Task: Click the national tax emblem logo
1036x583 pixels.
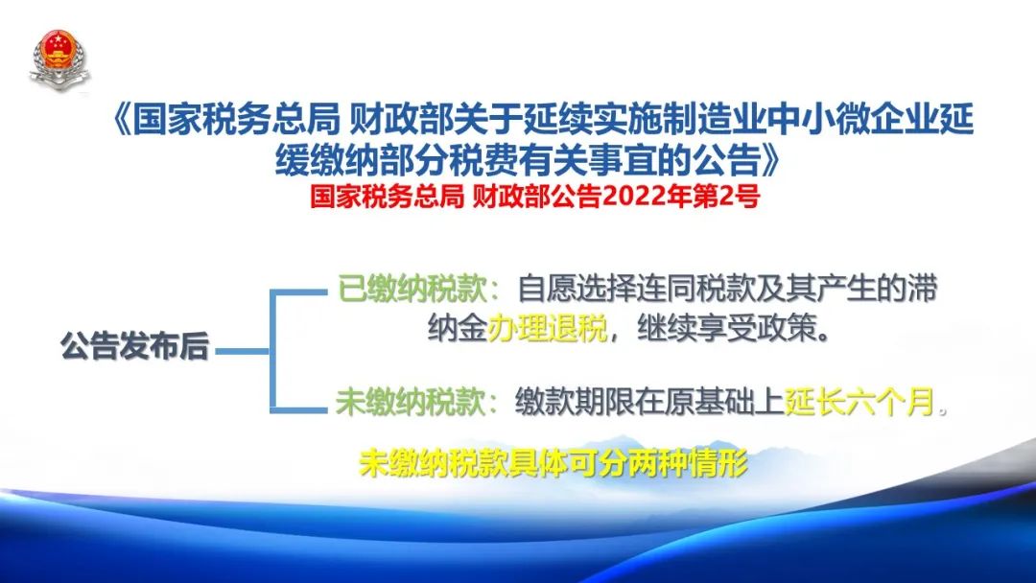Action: click(x=59, y=60)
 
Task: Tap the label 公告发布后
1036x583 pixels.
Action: click(x=135, y=346)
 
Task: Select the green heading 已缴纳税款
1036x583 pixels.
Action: click(x=412, y=290)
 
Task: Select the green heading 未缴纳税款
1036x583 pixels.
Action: click(x=411, y=402)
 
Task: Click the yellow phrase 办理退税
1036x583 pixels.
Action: click(x=547, y=328)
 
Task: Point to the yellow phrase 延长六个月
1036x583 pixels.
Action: click(x=859, y=402)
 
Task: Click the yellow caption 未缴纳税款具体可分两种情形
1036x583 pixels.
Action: click(x=553, y=463)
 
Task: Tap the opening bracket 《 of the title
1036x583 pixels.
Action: click(x=121, y=121)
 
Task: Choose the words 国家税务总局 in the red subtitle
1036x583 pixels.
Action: click(x=388, y=197)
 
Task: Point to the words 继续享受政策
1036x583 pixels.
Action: click(x=726, y=328)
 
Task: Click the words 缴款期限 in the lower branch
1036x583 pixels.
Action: click(x=575, y=402)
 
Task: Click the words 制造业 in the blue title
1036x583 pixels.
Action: click(x=715, y=121)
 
